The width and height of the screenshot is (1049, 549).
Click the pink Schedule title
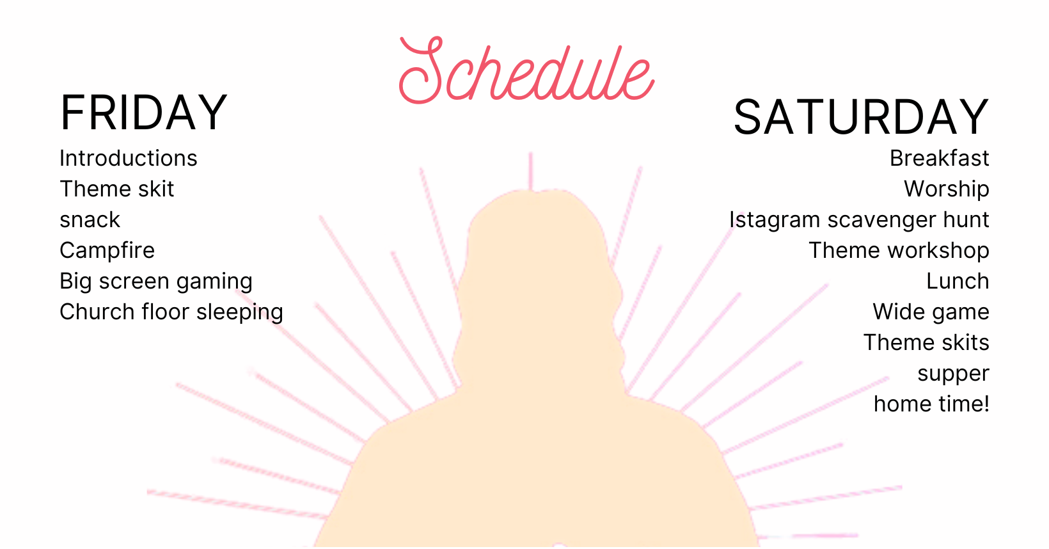[526, 70]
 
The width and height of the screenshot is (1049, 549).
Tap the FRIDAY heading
[144, 113]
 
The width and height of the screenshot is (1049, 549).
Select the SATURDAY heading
[861, 117]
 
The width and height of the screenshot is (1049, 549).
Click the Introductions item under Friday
[129, 158]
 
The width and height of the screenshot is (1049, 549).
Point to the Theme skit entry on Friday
[116, 189]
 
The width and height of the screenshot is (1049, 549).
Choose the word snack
[90, 220]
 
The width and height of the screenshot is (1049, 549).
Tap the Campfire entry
[107, 251]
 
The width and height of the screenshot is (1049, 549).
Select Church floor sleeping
[171, 312]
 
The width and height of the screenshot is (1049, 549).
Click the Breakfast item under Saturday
[940, 158]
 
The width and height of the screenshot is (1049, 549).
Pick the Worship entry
[947, 189]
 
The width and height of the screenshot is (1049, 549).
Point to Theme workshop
[899, 251]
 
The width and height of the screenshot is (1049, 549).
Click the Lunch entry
[958, 282]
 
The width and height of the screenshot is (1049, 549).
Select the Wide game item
[931, 312]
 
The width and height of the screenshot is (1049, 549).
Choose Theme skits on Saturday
[926, 343]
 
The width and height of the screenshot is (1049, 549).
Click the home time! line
[931, 404]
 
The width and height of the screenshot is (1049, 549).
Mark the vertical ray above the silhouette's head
[531, 170]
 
